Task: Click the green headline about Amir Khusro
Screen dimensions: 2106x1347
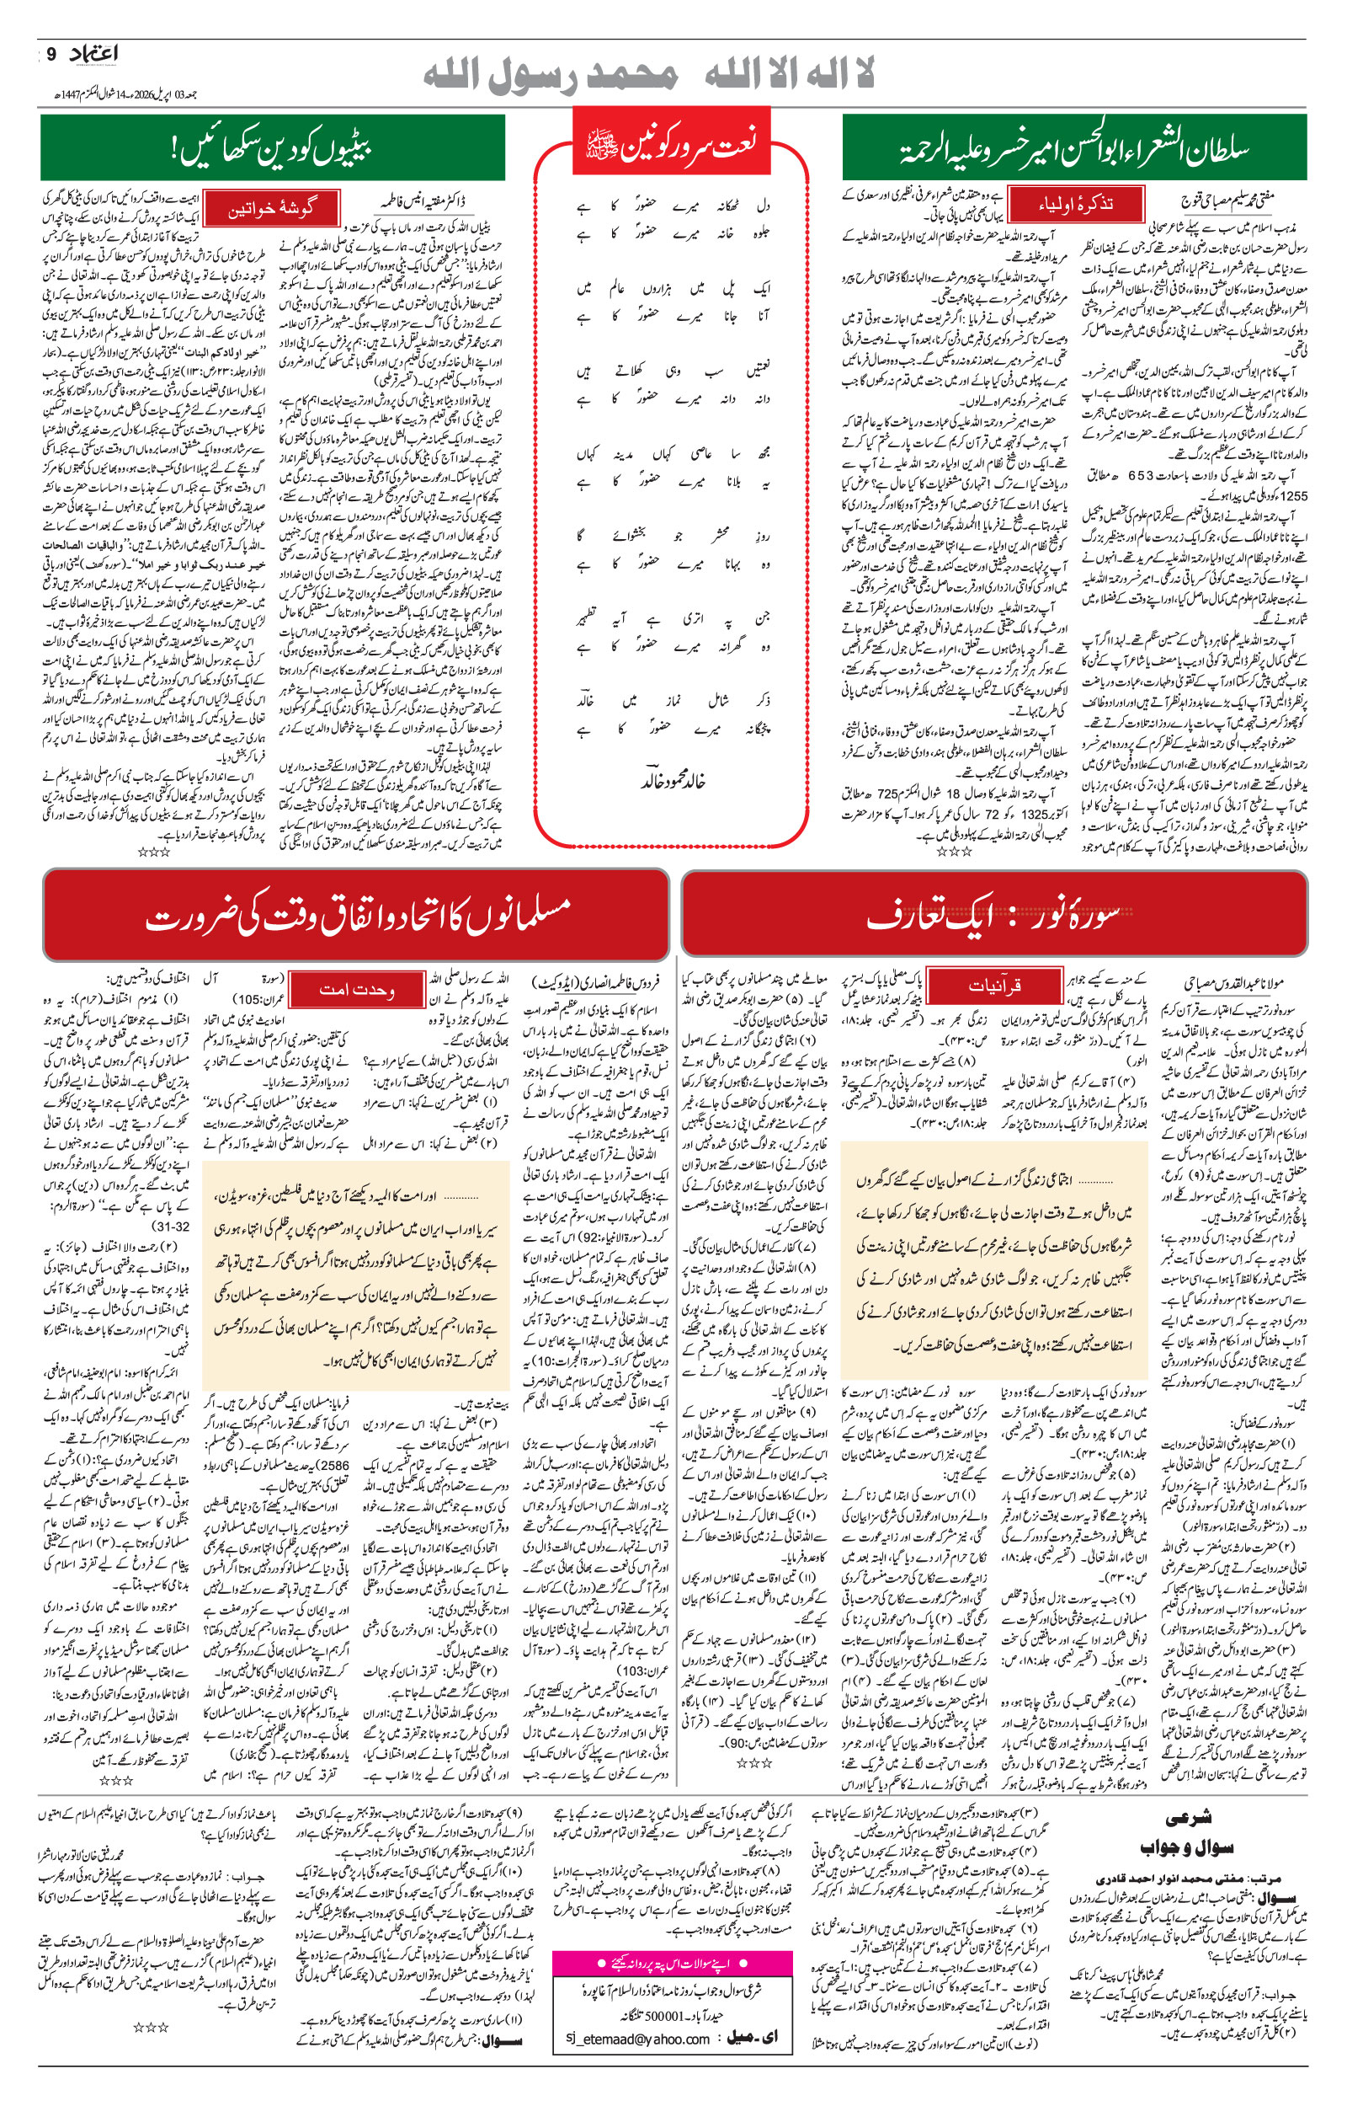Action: pyautogui.click(x=1074, y=148)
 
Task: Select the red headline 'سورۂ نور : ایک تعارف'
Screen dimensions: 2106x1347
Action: pyautogui.click(x=993, y=915)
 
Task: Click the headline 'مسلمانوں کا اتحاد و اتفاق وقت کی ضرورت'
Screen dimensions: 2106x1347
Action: pyautogui.click(x=356, y=915)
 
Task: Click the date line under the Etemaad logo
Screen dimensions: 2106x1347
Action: pyautogui.click(x=122, y=94)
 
